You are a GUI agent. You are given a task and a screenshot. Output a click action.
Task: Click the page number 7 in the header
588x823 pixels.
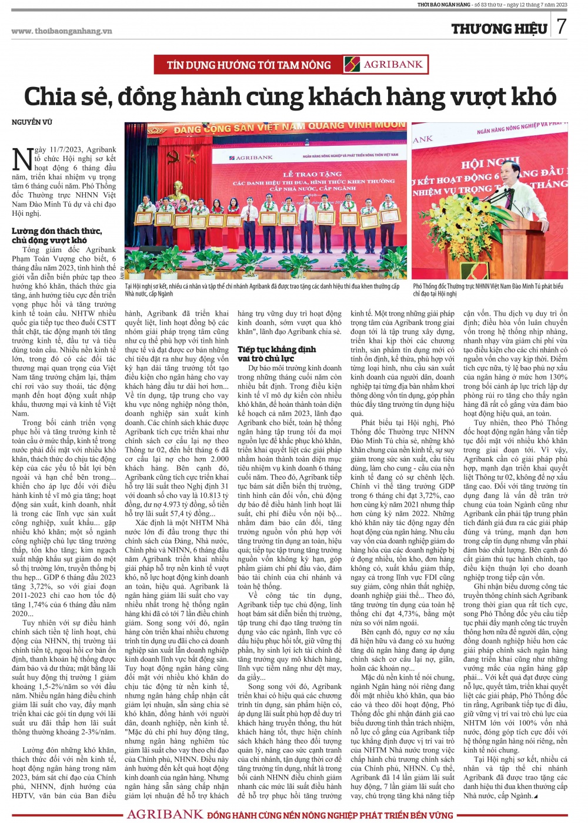(x=562, y=26)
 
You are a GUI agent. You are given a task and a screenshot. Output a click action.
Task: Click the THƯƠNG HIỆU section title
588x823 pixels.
(x=499, y=29)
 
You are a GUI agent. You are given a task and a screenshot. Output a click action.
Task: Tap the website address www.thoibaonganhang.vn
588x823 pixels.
(x=61, y=31)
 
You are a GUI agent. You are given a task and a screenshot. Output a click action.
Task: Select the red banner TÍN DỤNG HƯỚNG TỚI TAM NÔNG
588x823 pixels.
(x=249, y=65)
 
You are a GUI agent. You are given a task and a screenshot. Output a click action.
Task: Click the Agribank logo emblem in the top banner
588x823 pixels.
(x=352, y=65)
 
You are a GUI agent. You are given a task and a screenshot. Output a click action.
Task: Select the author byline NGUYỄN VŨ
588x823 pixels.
(x=32, y=122)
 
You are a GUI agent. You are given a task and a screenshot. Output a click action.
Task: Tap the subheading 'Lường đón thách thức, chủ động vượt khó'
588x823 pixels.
(x=56, y=235)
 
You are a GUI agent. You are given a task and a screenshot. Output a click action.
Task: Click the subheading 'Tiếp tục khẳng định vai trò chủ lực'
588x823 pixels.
(x=276, y=353)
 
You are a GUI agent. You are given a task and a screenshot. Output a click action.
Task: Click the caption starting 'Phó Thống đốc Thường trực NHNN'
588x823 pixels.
(x=487, y=290)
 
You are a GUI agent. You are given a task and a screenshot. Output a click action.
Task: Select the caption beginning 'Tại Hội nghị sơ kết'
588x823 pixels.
(x=262, y=290)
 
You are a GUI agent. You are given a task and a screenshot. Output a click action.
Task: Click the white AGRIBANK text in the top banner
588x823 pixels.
(x=393, y=65)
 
